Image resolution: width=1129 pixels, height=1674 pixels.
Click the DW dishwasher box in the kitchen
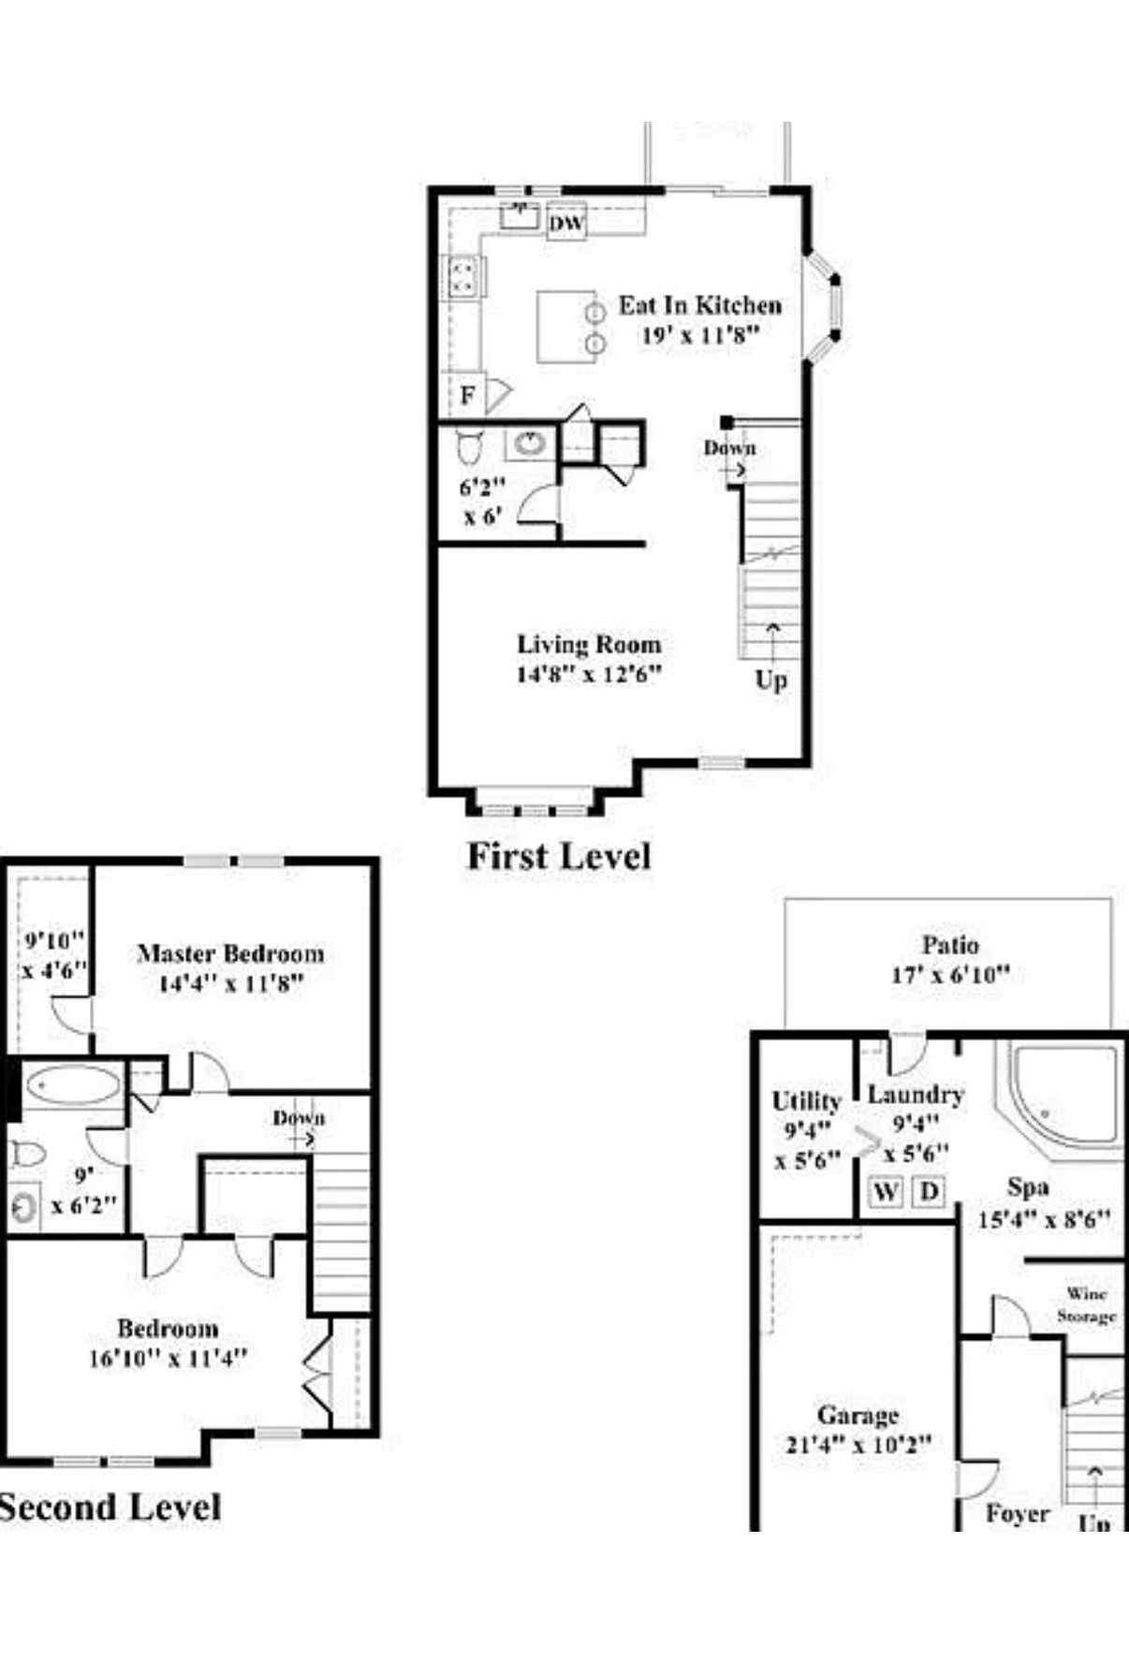566,224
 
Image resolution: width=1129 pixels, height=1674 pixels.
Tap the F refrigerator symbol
467,396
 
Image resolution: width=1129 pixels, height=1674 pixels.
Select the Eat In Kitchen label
699,305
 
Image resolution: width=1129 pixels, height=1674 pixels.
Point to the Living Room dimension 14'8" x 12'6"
589,674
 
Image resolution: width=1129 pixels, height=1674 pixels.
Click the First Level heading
559,856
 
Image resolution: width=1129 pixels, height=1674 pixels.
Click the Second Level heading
110,1507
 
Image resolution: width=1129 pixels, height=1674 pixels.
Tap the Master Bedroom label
230,953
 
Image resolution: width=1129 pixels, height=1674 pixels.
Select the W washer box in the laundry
886,1191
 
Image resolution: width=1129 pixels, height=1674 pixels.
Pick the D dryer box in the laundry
929,1191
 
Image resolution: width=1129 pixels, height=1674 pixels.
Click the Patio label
950,944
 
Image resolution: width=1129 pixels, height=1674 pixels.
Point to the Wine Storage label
1087,1304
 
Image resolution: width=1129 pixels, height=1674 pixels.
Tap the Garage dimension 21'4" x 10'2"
858,1444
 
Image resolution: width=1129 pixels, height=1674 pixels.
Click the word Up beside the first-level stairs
771,679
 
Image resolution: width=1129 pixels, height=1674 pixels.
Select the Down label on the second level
299,1118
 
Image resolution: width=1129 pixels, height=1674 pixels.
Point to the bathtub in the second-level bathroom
73,1085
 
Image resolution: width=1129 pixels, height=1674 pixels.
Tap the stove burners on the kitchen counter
462,277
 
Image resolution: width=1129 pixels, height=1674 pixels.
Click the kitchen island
564,327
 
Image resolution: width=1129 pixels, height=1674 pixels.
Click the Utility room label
806,1101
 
